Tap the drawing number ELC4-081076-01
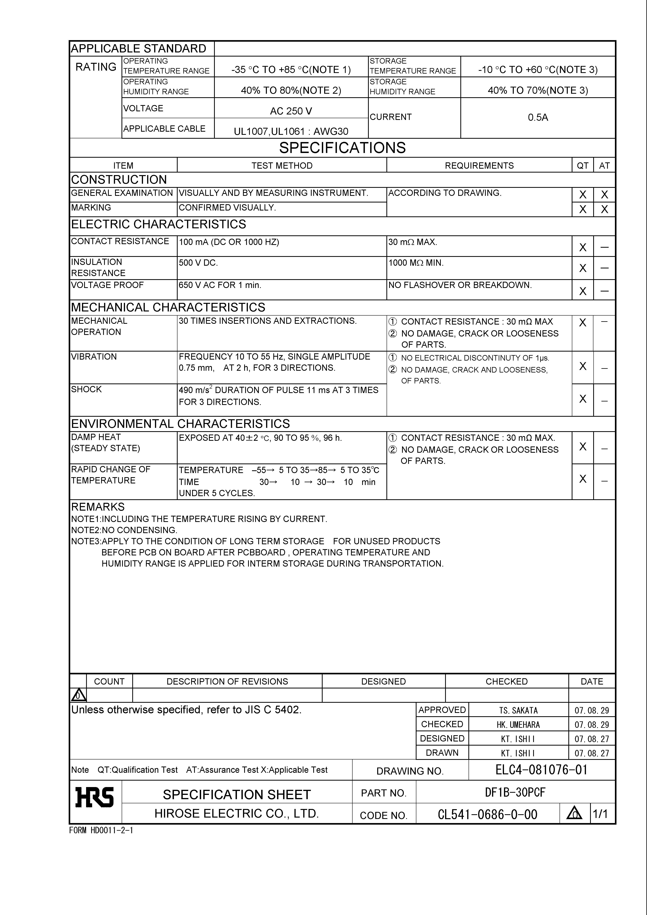[541, 769]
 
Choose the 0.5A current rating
[538, 118]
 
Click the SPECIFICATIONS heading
[342, 148]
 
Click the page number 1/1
[600, 814]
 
